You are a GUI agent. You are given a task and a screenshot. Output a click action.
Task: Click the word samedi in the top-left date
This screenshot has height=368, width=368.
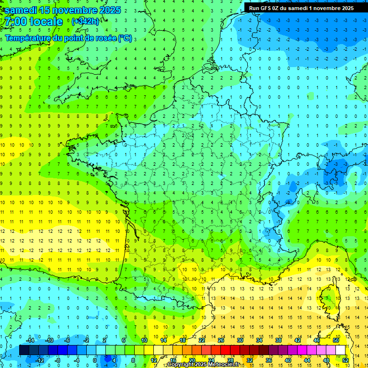point(21,10)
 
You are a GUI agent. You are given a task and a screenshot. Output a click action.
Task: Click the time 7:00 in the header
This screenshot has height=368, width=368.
point(17,22)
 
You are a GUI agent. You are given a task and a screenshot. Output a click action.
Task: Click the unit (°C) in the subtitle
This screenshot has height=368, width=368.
point(125,38)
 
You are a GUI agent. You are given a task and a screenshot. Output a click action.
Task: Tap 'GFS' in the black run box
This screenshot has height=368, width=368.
point(267,8)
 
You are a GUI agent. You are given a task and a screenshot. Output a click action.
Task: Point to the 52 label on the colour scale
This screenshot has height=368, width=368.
point(345,360)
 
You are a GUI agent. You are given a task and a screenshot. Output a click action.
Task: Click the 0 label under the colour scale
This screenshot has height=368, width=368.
point(94,360)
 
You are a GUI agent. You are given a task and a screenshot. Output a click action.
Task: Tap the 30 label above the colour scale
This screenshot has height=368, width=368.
point(240,340)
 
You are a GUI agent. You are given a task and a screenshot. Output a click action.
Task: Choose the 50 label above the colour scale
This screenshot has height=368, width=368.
point(336,340)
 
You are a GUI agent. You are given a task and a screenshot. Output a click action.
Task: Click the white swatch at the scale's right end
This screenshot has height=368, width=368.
point(341,350)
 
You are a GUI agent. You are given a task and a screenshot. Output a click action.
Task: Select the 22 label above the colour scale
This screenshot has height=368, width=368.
point(202,340)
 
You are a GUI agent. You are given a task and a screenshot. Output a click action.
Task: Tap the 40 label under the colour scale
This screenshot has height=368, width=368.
point(288,360)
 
